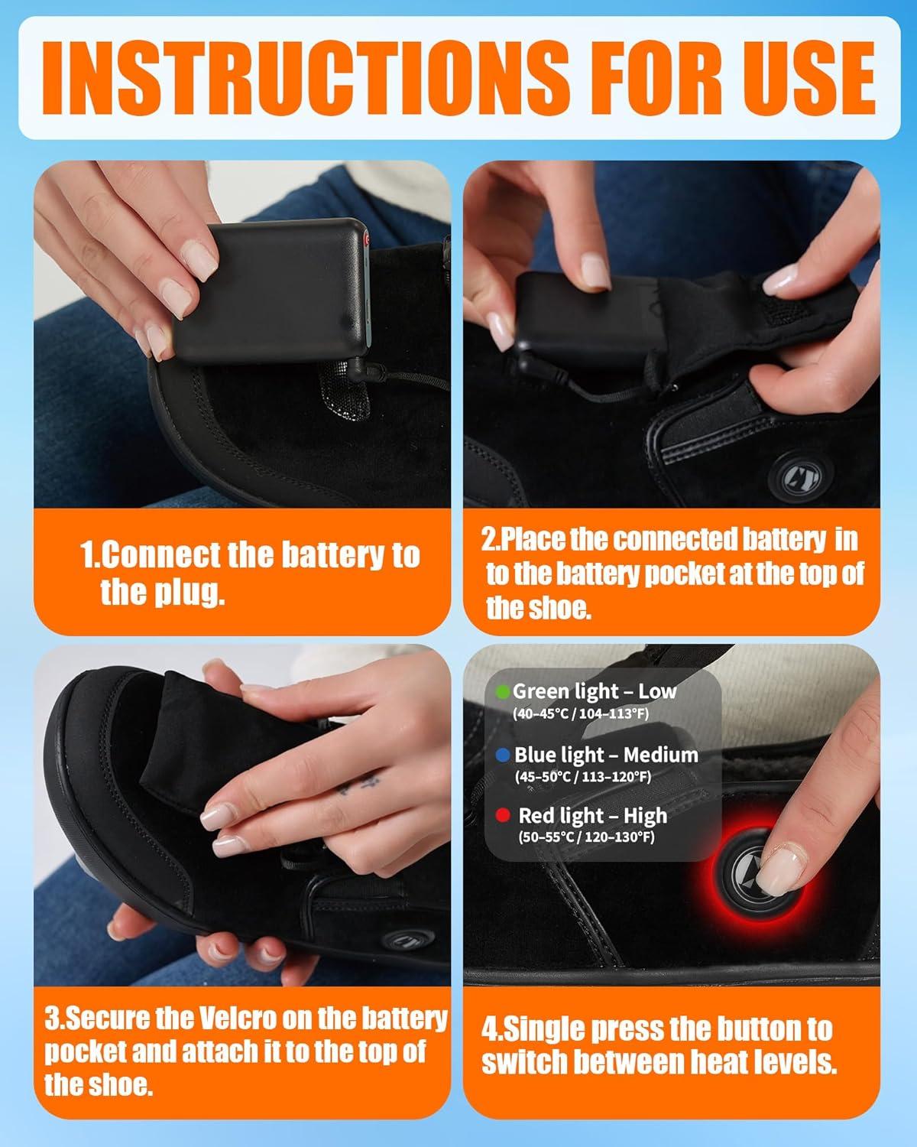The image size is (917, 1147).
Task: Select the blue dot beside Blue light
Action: coord(503,755)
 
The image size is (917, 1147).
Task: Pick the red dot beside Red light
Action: coord(503,815)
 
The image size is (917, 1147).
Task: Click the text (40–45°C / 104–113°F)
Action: coord(581,713)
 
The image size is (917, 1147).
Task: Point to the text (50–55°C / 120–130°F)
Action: coord(586,837)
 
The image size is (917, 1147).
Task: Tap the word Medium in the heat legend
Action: coord(661,755)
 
